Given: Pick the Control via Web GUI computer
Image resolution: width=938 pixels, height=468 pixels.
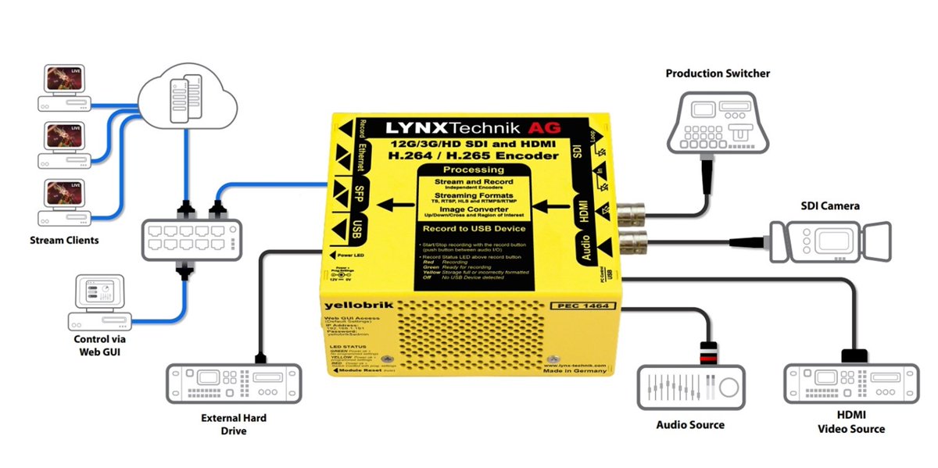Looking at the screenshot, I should [98, 303].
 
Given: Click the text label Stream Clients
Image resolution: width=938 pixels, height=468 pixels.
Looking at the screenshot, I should [64, 241].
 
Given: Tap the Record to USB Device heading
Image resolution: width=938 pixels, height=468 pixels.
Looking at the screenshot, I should [474, 229].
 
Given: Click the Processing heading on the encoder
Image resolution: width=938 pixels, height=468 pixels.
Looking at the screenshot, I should [474, 170].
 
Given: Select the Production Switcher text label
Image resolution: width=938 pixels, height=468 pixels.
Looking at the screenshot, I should [718, 73].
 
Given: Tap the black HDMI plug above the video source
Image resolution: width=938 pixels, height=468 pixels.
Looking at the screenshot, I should [852, 355].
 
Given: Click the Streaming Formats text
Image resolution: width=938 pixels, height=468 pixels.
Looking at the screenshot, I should [474, 195].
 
